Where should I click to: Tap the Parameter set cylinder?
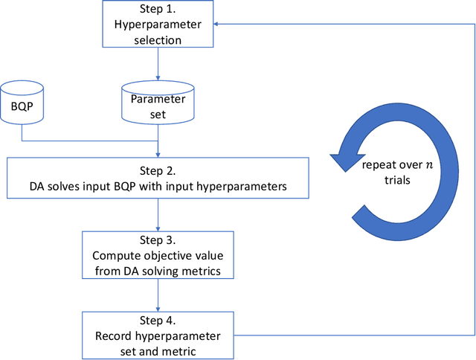pyautogui.click(x=158, y=105)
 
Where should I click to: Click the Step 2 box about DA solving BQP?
pyautogui.click(x=158, y=177)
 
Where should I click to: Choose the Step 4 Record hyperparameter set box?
pyautogui.click(x=158, y=335)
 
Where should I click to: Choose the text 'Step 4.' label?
pyautogui.click(x=158, y=321)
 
